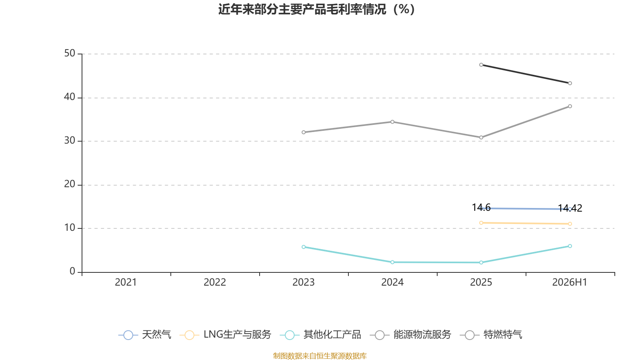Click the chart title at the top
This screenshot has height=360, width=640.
click(x=316, y=10)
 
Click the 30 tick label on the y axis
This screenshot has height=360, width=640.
click(x=70, y=141)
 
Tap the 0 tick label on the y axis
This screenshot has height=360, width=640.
click(x=72, y=272)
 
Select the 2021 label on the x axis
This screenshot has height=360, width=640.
click(x=126, y=282)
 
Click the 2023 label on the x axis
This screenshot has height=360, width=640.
click(x=304, y=282)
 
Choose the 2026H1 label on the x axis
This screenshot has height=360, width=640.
click(x=570, y=282)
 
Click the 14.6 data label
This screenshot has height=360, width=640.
click(x=481, y=208)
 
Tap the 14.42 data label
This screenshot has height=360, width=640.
click(x=570, y=208)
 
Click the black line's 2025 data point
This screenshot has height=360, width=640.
click(x=481, y=65)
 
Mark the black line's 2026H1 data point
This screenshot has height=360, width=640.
click(x=570, y=83)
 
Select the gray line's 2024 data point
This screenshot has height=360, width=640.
click(x=392, y=122)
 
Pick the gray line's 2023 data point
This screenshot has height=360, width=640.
click(x=304, y=132)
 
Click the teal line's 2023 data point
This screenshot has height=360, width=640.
click(x=304, y=247)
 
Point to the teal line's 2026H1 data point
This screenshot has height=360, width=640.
click(x=570, y=246)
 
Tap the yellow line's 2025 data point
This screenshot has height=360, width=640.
click(x=481, y=223)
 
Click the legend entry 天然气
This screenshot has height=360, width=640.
click(x=144, y=335)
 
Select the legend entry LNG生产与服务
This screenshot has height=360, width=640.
click(x=225, y=335)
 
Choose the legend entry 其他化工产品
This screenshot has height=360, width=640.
click(x=320, y=335)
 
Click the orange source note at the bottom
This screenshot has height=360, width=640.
click(x=320, y=356)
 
